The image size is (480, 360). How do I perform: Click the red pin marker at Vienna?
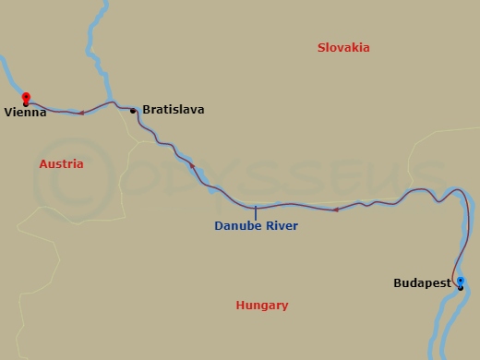pos(26,97)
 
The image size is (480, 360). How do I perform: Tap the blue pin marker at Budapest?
pos(460,282)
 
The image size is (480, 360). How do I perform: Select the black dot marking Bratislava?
pos(133,111)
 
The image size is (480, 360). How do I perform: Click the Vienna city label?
pos(25,113)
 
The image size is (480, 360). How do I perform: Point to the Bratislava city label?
pos(174,110)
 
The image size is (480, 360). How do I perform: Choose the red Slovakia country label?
pos(342,48)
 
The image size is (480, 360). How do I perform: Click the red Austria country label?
pos(61,163)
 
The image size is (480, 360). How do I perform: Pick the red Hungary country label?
pos(261,305)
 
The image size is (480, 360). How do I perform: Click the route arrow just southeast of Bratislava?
pos(192,166)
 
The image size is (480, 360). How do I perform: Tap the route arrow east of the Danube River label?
pos(335,210)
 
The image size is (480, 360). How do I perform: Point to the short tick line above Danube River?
pos(256,212)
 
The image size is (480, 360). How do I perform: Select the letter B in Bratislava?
pos(147,110)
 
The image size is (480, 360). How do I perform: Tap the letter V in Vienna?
pos(7,113)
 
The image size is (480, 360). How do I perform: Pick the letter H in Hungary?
pos(240,305)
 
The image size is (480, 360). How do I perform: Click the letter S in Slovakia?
pos(320,48)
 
